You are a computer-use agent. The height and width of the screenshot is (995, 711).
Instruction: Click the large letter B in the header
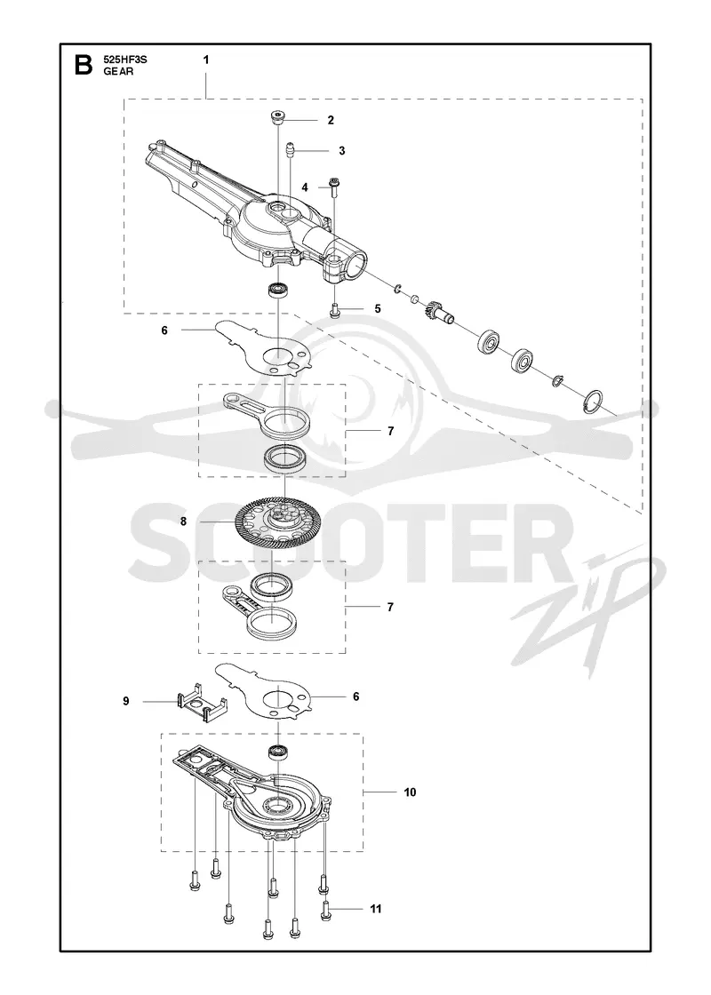[x=84, y=65]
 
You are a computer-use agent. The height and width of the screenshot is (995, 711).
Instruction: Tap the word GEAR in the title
[x=119, y=72]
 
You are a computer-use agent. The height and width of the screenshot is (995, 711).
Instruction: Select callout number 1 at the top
[x=205, y=60]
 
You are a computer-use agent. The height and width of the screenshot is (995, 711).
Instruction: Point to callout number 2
[x=330, y=120]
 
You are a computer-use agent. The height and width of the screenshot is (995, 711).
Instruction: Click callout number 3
[x=342, y=150]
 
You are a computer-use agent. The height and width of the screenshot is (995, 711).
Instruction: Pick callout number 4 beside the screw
[x=305, y=187]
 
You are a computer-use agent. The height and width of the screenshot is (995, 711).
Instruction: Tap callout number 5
[x=378, y=309]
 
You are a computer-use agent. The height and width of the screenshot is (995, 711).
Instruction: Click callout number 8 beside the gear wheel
[x=183, y=521]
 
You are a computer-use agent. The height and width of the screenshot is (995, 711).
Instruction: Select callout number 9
[x=125, y=701]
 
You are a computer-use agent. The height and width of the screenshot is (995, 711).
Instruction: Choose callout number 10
[x=410, y=792]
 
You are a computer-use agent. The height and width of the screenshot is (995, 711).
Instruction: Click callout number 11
[x=376, y=910]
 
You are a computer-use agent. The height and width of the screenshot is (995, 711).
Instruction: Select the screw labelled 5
[x=335, y=310]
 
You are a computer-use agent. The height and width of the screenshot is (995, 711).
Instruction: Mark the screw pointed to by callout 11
[x=325, y=910]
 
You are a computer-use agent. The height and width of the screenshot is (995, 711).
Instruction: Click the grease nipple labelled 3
[x=290, y=150]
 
